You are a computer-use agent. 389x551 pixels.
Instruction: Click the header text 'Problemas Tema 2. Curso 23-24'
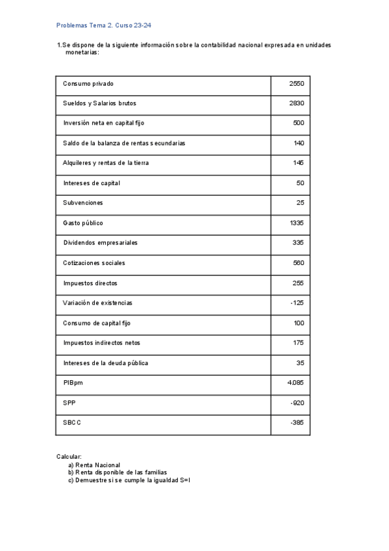(x=105, y=25)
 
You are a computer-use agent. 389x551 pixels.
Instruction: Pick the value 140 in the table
(x=299, y=143)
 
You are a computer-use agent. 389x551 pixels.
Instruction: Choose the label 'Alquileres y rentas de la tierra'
(x=106, y=163)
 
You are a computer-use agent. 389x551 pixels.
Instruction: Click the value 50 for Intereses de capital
(x=300, y=183)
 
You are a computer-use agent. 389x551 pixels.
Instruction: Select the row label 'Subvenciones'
(x=83, y=203)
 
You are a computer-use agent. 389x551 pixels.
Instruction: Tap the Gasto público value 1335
(x=297, y=223)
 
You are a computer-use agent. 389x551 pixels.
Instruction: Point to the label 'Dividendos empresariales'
(x=100, y=243)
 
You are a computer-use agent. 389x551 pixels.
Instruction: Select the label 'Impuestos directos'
(x=90, y=283)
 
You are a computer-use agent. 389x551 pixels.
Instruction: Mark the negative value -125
(x=297, y=303)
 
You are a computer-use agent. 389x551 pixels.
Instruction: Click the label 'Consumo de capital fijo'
(x=97, y=323)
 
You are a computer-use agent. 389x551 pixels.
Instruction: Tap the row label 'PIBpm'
(x=73, y=383)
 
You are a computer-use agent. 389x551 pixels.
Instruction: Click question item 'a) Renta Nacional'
(x=94, y=465)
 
